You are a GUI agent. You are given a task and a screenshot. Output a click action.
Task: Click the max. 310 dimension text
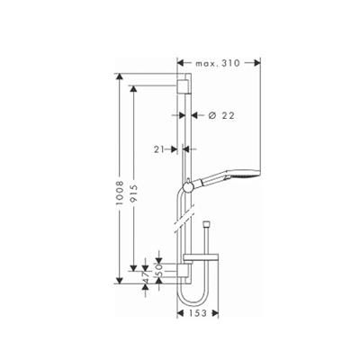pos(218,63)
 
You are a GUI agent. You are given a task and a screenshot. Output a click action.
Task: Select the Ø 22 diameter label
pos(221,115)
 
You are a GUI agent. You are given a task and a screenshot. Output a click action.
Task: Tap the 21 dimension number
pos(160,149)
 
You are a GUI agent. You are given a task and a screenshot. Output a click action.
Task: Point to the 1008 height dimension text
pos(120,193)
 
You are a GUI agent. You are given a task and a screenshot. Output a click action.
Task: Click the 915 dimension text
pos(134,194)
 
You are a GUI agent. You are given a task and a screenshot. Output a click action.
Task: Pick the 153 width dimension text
pos(198,313)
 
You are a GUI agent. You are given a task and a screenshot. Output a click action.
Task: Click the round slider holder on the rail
pos(188,187)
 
